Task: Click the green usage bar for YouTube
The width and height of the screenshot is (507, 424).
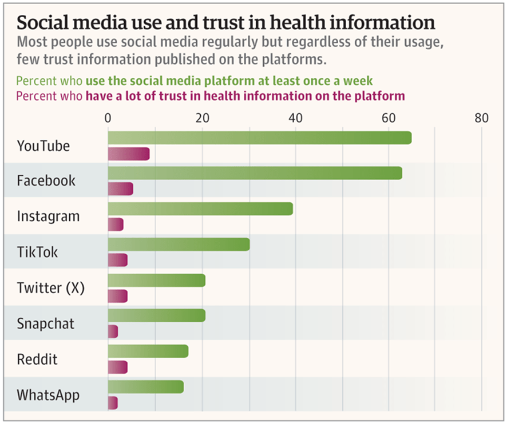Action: click(259, 138)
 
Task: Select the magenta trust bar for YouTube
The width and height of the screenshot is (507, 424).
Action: click(129, 154)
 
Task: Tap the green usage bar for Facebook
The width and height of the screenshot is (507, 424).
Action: click(255, 173)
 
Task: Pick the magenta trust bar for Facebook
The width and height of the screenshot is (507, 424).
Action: click(120, 189)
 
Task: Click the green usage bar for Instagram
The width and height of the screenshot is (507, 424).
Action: click(200, 209)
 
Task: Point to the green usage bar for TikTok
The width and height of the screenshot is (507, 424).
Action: click(179, 244)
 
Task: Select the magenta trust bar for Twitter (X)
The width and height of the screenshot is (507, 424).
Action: click(118, 296)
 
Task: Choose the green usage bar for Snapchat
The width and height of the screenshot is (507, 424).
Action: click(156, 315)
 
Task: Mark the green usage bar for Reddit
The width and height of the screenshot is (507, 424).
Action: click(148, 351)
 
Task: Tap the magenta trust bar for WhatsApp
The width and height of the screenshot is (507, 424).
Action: click(113, 403)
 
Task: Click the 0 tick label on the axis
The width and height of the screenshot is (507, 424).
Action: click(108, 118)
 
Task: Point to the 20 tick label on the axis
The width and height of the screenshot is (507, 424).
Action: click(201, 118)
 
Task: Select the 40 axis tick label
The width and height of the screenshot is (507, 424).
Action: click(295, 118)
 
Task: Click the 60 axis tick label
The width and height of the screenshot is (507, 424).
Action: click(388, 118)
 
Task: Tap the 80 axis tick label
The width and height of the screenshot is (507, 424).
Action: click(481, 118)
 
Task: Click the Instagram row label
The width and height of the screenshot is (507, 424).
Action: click(48, 217)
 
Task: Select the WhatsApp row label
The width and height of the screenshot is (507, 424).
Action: click(48, 395)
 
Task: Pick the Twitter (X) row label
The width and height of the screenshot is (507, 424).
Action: click(51, 288)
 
